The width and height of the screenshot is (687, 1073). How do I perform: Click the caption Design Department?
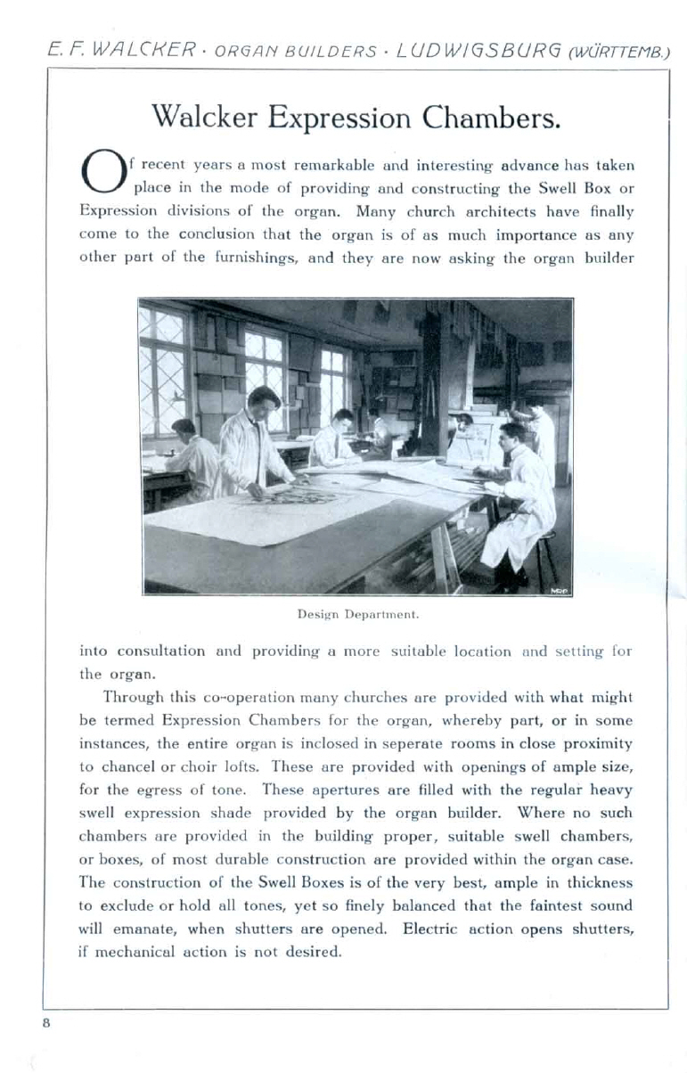pos(356,614)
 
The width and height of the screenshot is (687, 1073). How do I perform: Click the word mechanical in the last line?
pos(133,952)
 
